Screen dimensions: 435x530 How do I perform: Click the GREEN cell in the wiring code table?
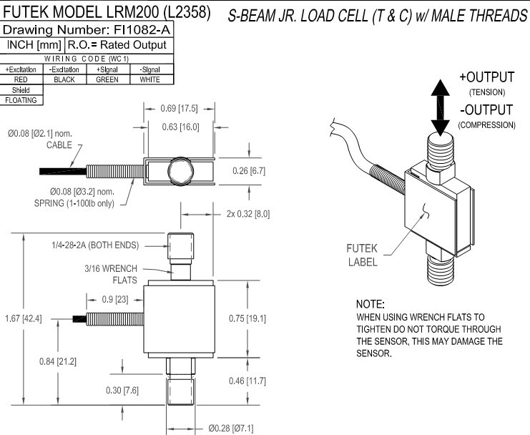[107, 80]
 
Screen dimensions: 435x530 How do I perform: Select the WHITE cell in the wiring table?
[149, 80]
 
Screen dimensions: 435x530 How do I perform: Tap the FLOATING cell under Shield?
[21, 100]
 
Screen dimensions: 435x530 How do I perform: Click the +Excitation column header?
[21, 70]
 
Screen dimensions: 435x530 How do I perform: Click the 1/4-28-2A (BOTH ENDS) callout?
[99, 245]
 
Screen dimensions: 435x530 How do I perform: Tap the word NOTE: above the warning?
[370, 304]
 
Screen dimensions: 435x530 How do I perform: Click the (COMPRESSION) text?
[486, 124]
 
